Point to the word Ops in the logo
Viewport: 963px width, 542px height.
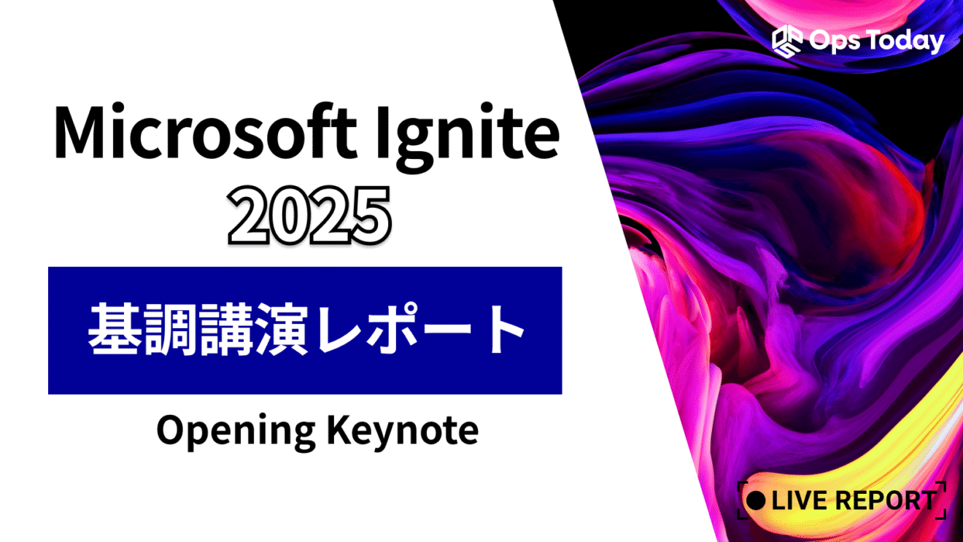click(832, 41)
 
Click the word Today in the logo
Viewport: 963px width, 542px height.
click(904, 42)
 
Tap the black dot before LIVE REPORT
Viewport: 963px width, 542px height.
click(757, 500)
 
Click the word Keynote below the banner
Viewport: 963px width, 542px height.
click(403, 431)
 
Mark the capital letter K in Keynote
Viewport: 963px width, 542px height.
click(336, 430)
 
